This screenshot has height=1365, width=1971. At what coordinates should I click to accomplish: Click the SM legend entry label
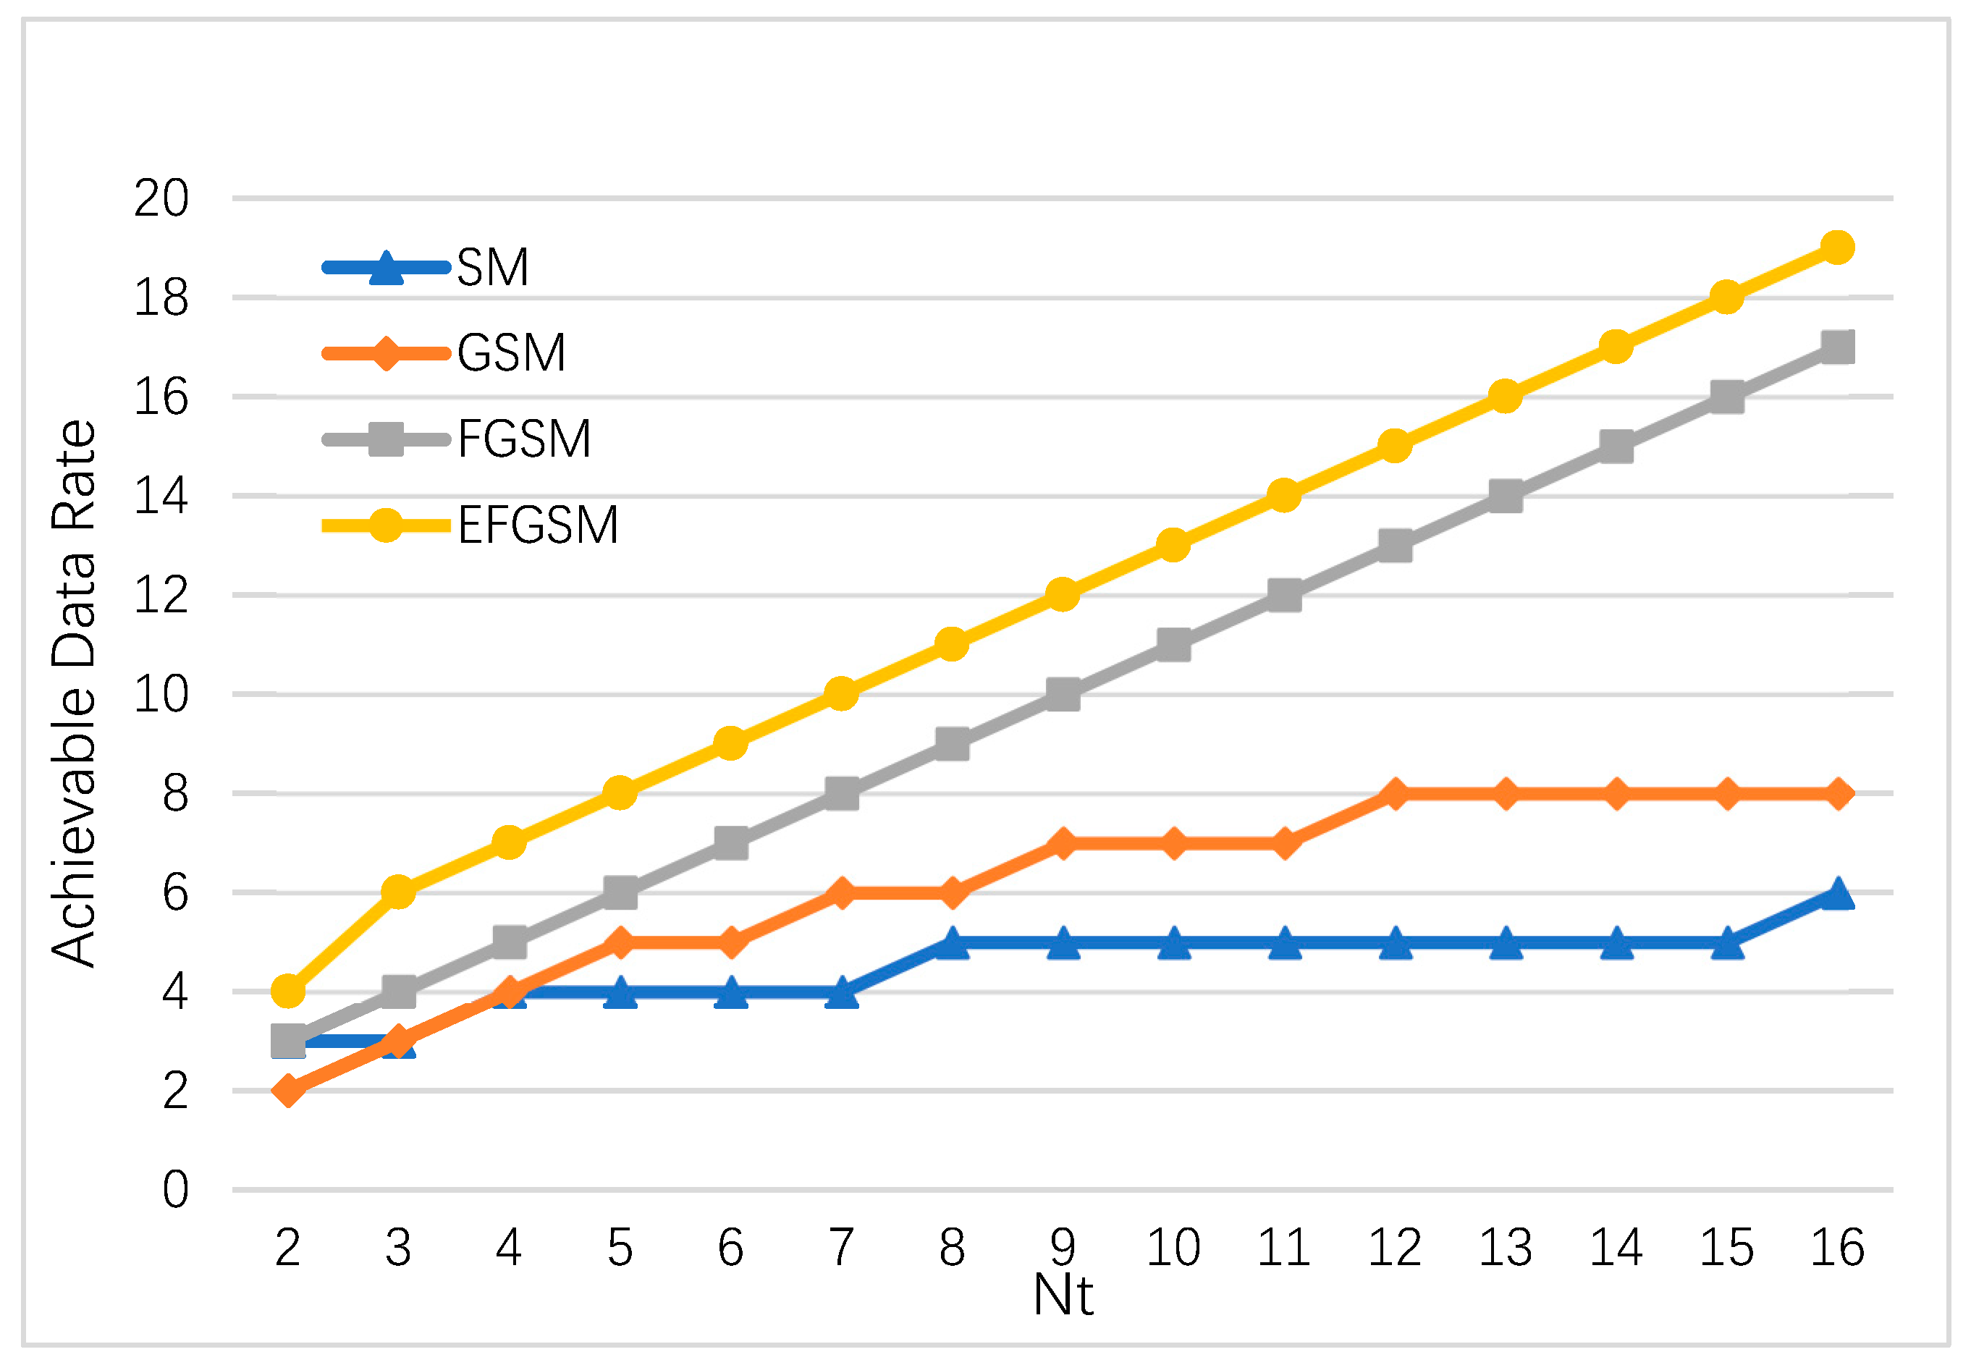(x=492, y=268)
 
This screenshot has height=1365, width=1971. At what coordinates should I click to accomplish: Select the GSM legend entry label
(x=511, y=353)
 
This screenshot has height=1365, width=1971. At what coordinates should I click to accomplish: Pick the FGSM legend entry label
(x=524, y=439)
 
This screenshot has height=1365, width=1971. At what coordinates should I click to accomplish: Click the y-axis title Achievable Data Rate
(x=74, y=693)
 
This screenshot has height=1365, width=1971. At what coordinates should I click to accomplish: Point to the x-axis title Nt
(x=1062, y=1295)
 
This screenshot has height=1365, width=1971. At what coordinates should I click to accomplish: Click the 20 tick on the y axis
(x=161, y=199)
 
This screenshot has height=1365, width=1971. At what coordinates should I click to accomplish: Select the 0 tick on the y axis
(x=175, y=1190)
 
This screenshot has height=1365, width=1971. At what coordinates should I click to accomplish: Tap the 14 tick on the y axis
(x=161, y=496)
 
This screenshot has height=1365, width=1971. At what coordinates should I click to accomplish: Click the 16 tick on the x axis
(x=1837, y=1248)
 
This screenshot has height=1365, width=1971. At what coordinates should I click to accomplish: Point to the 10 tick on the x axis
(x=1173, y=1248)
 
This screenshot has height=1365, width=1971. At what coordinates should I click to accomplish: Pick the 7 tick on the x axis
(x=841, y=1248)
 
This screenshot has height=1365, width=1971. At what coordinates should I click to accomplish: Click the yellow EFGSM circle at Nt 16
(x=1837, y=248)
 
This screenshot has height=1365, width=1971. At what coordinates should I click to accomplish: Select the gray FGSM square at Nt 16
(x=1837, y=347)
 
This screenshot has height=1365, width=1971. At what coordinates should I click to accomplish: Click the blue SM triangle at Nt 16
(x=1837, y=895)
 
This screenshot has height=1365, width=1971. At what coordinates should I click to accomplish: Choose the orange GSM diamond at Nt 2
(x=288, y=1091)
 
